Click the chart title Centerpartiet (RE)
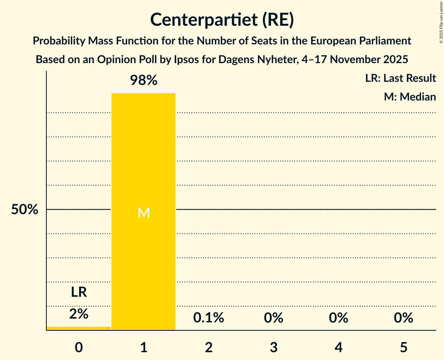tap(222, 19)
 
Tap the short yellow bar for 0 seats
tap(79, 328)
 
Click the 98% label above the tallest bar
tap(143, 81)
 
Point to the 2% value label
tap(79, 314)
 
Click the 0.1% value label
tap(209, 318)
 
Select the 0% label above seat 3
tap(273, 318)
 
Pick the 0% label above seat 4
tap(338, 318)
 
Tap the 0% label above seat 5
tap(403, 318)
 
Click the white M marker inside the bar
tap(143, 213)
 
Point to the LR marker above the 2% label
tap(79, 292)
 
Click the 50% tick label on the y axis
tap(25, 210)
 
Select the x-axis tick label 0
tap(79, 347)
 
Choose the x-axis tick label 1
tap(143, 347)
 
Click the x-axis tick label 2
tap(209, 347)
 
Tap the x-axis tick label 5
tap(403, 347)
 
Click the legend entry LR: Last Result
tap(400, 78)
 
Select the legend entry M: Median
tap(410, 97)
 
